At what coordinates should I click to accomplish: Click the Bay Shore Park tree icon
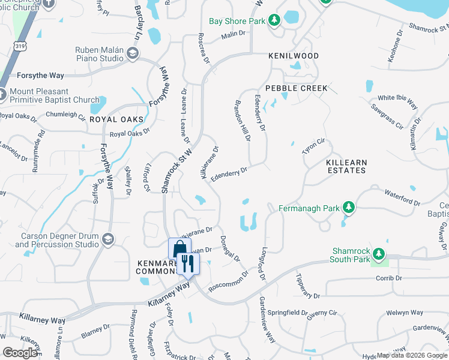[274, 21]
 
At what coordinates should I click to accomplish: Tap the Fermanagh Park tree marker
[348, 208]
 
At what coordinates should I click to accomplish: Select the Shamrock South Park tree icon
[378, 254]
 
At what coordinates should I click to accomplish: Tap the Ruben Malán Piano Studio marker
[132, 55]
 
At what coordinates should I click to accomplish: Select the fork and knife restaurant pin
[188, 263]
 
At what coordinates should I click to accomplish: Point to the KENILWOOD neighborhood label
[294, 56]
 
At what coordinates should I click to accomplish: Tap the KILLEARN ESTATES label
[345, 166]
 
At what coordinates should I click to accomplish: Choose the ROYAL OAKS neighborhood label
[116, 119]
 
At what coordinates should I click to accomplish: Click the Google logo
[20, 353]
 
